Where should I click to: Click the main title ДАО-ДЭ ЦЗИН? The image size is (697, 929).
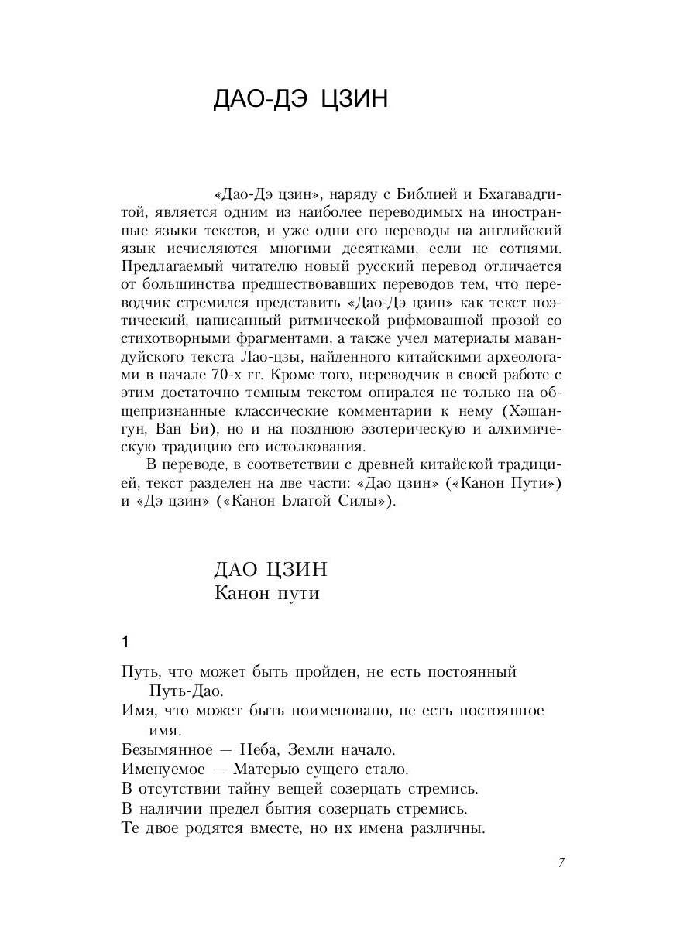tap(300, 101)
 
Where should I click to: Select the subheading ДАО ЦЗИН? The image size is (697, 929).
tap(270, 570)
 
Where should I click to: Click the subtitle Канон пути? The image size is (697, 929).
tap(266, 594)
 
